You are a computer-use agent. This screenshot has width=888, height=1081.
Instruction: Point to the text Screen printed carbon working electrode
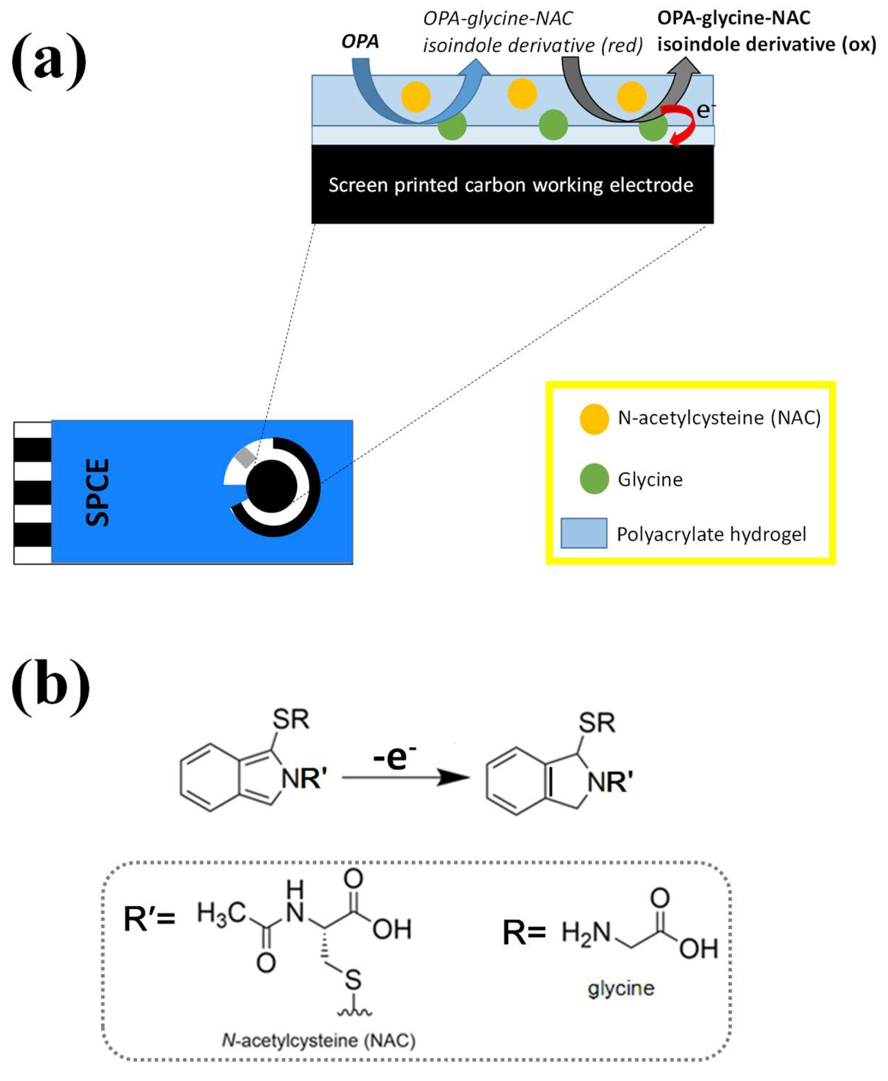tap(510, 185)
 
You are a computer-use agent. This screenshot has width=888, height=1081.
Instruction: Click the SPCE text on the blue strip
tap(97, 492)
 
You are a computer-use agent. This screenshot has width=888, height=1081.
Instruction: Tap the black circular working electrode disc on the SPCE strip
tap(271, 486)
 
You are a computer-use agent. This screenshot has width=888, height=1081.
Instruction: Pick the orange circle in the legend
tap(594, 419)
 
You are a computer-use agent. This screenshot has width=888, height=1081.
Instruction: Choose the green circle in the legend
tap(594, 479)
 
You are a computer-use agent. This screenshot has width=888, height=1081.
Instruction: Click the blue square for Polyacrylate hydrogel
tap(584, 533)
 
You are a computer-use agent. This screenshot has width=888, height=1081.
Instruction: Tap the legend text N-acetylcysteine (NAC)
tap(719, 418)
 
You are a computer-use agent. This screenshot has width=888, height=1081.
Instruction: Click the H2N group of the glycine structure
tap(586, 932)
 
